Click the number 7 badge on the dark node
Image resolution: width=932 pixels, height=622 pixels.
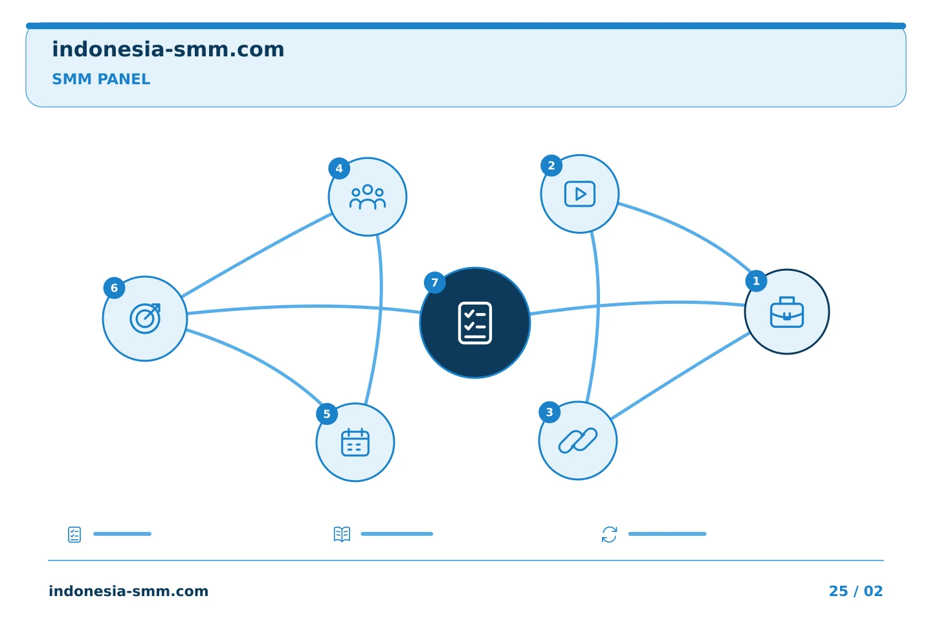tap(435, 283)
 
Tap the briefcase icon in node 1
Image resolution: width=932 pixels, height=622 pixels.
tap(787, 312)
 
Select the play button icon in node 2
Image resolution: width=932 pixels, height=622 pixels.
tap(580, 194)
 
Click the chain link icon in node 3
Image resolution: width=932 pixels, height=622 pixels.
tap(577, 441)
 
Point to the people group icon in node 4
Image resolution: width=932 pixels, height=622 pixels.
tap(368, 196)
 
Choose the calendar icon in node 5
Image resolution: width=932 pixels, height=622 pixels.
tap(355, 442)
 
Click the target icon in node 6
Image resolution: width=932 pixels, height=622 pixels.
tap(145, 318)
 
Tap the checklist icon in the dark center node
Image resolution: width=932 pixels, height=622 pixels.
tap(475, 323)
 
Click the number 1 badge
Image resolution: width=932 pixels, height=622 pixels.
tap(756, 281)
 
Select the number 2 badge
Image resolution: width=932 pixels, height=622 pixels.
tap(551, 165)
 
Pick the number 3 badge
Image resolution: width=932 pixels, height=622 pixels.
tap(549, 412)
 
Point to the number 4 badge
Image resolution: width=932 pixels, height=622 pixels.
tap(339, 168)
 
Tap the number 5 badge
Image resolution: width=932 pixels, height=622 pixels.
tap(327, 413)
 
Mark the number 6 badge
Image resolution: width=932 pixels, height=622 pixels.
tap(114, 288)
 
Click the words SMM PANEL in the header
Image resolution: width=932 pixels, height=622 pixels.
tap(101, 79)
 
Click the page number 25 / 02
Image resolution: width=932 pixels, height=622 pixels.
tap(856, 591)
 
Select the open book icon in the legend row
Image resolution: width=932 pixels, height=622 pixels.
tap(342, 534)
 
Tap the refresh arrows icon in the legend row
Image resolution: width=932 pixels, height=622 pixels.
tap(609, 534)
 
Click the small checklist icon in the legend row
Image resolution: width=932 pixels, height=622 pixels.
tap(74, 535)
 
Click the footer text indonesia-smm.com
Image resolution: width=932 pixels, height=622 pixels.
tap(128, 591)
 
